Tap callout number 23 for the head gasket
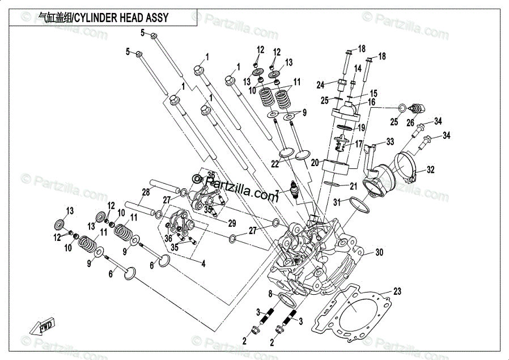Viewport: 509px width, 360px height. pyautogui.click(x=397, y=291)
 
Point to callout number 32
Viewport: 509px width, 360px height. pyautogui.click(x=430, y=169)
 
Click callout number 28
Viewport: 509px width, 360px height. pyautogui.click(x=146, y=192)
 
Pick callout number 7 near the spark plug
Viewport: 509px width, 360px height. pyautogui.click(x=277, y=193)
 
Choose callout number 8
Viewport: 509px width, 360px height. pyautogui.click(x=271, y=293)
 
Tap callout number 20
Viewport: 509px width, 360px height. pyautogui.click(x=315, y=162)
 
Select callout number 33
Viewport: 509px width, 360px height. pyautogui.click(x=390, y=141)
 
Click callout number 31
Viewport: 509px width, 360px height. pyautogui.click(x=337, y=202)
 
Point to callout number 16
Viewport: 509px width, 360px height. pyautogui.click(x=372, y=102)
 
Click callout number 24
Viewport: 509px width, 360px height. pyautogui.click(x=320, y=85)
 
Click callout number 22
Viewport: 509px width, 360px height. pyautogui.click(x=275, y=164)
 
